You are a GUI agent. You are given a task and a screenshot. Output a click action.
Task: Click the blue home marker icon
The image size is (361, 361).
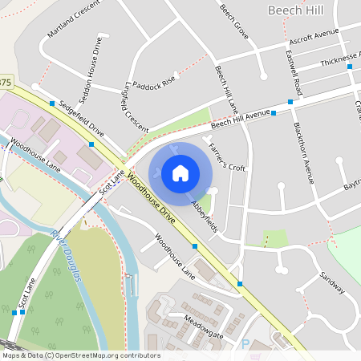click(180, 173)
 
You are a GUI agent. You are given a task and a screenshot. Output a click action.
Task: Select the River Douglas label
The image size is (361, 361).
click(67, 255)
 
